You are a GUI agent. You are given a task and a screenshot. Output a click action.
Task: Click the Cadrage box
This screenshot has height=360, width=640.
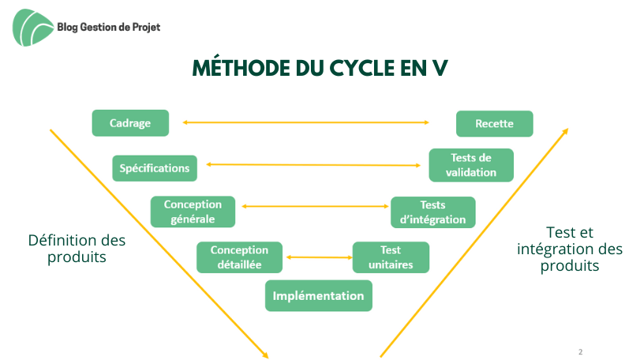tap(130, 123)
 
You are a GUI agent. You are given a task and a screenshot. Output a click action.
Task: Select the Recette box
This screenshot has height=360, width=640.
tap(494, 124)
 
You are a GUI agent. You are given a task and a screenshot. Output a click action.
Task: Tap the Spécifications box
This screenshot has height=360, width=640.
tap(155, 168)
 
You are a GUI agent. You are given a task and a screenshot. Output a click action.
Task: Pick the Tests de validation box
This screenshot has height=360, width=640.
tap(471, 165)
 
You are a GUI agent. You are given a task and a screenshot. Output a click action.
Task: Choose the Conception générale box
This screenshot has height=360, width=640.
tap(193, 212)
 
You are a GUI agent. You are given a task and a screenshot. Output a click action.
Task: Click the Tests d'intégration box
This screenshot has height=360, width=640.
tap(433, 212)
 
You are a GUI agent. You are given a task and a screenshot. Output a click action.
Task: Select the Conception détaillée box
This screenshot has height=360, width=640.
tap(240, 257)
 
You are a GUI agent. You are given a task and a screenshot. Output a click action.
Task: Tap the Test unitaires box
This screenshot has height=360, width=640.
tap(391, 257)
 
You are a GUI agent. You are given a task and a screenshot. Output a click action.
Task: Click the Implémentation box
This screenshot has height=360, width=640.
tap(318, 295)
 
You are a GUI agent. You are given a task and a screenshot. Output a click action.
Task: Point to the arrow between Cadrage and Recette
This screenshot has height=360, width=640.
tap(305, 122)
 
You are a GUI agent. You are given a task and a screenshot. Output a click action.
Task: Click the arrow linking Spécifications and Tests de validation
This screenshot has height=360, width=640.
tap(313, 165)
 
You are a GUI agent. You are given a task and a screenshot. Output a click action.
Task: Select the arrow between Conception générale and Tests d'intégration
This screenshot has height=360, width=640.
tap(315, 207)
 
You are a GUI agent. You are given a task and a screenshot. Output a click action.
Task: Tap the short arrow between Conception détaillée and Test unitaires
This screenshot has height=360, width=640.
tap(319, 257)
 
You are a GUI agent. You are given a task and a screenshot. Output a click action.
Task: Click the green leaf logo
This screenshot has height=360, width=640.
tap(32, 28)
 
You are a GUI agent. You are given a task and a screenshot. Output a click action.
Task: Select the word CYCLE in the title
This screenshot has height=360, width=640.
tap(362, 68)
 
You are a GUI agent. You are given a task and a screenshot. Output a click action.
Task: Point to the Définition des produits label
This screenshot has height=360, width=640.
tap(77, 249)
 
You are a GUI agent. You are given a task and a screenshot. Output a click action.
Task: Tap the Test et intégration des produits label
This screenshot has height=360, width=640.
tap(570, 249)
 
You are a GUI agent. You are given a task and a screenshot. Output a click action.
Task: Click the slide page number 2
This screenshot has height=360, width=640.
tap(580, 352)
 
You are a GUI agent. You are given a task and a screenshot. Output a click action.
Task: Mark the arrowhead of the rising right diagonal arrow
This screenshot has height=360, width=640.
tap(566, 131)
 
